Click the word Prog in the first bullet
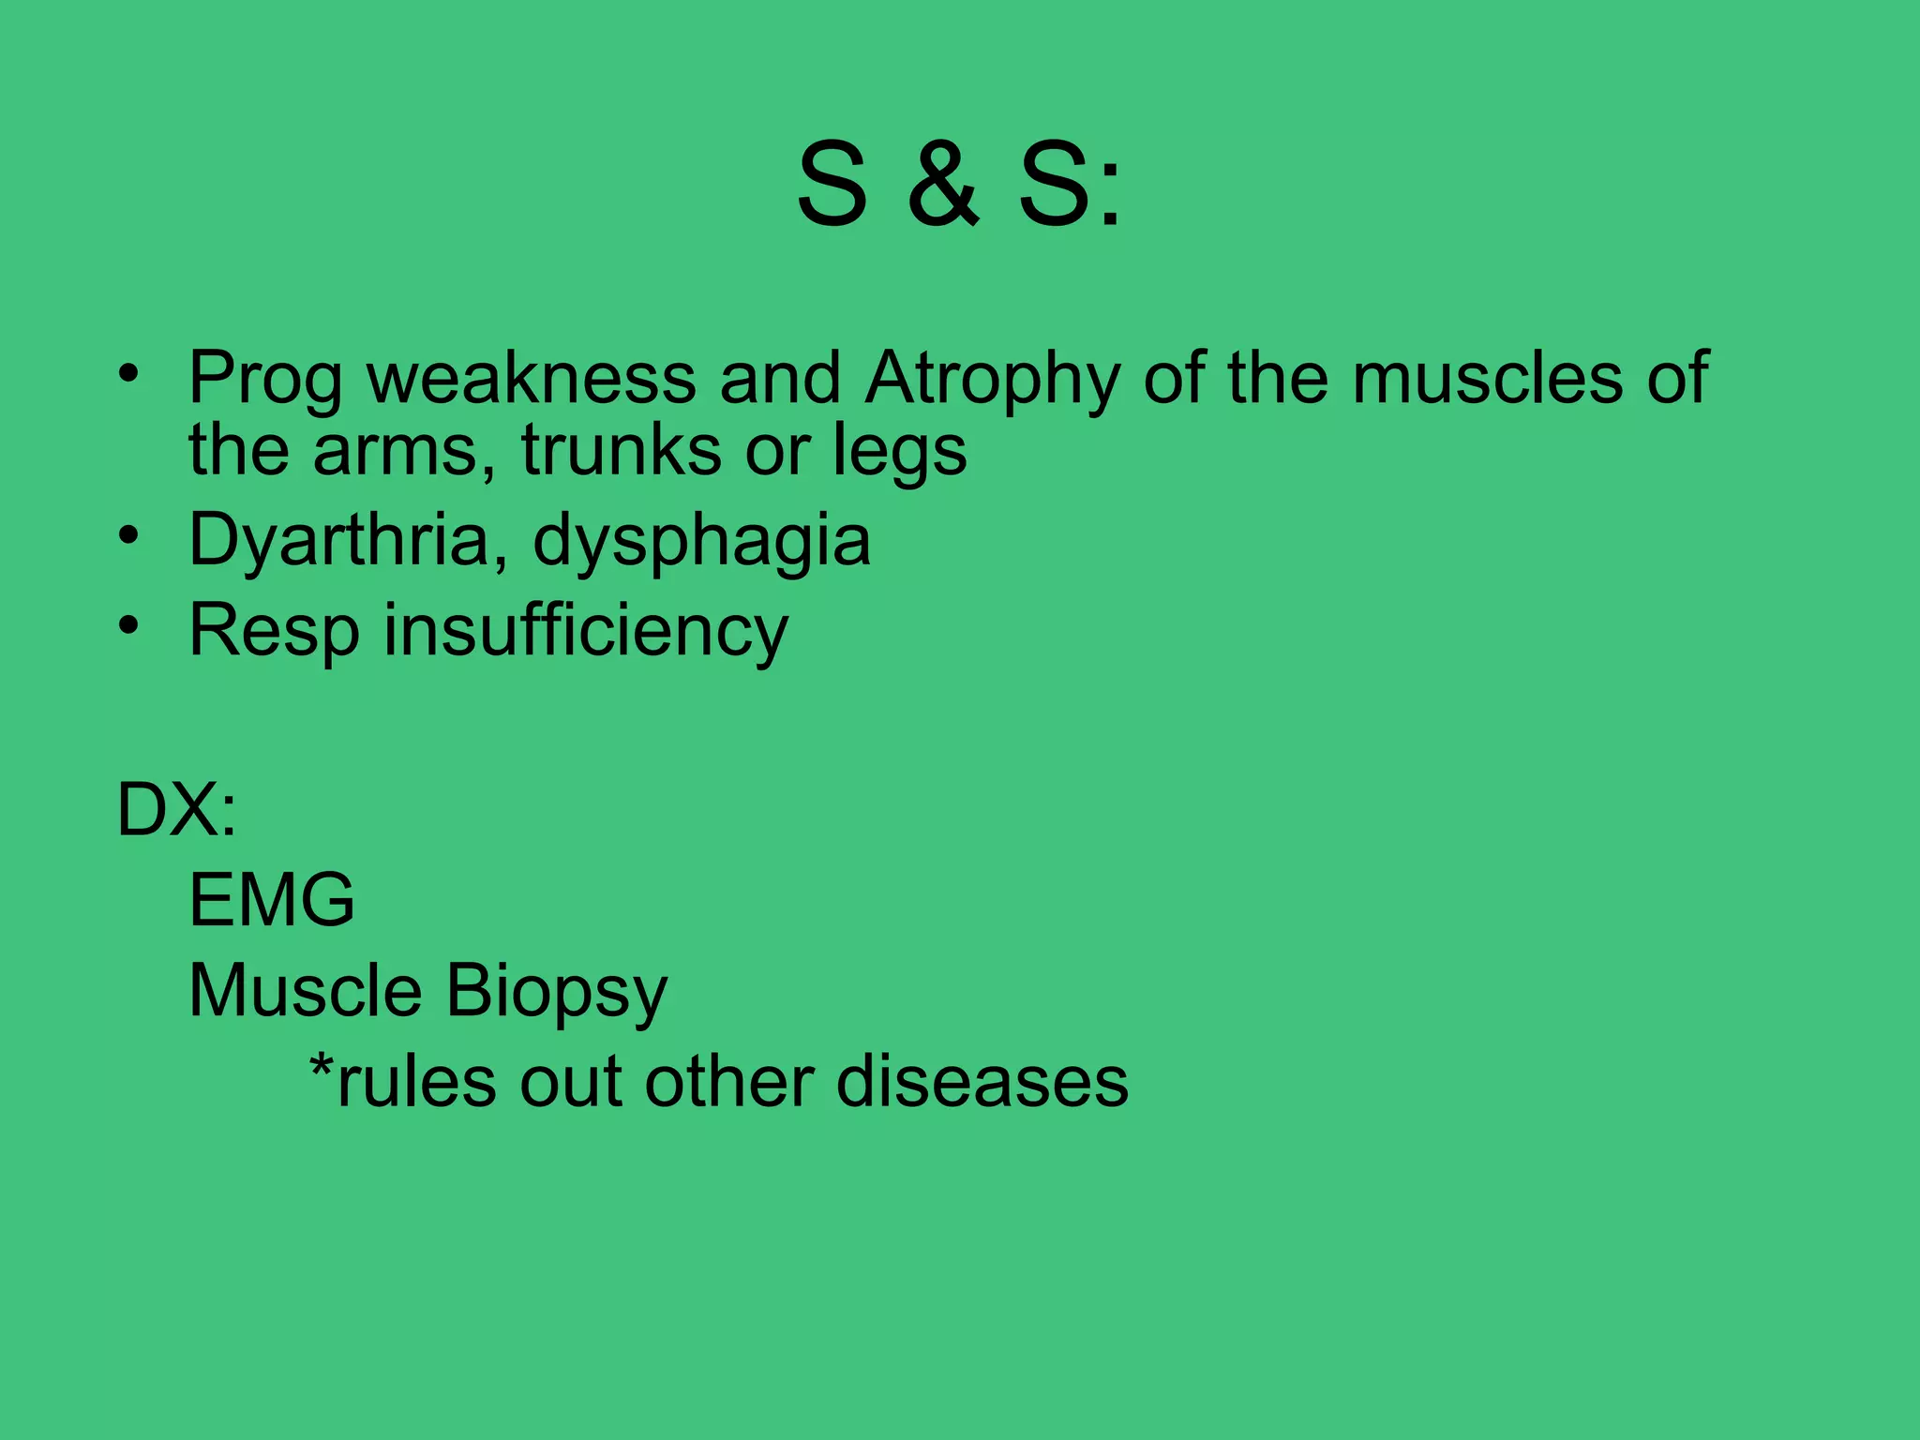265,380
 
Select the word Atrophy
992,380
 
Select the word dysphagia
701,541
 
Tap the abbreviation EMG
272,900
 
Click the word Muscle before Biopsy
306,991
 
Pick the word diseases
982,1082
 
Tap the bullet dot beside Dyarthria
129,535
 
